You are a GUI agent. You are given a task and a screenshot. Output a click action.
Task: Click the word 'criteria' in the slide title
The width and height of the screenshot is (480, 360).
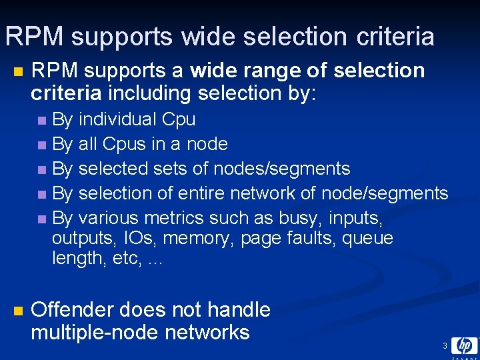(x=394, y=37)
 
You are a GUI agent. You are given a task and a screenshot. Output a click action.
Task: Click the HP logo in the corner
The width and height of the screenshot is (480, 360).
(x=464, y=345)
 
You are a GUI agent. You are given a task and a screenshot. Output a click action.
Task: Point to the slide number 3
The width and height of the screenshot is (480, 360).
(x=445, y=346)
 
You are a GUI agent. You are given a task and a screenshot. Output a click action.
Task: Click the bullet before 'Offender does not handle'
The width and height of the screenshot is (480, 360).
(x=18, y=311)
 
